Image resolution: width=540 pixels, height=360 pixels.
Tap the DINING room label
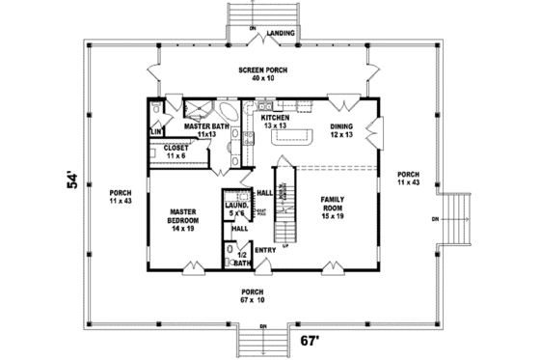tap(341, 127)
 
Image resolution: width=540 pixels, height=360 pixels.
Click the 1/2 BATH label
tap(242, 258)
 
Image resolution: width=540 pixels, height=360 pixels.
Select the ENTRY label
tap(266, 250)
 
